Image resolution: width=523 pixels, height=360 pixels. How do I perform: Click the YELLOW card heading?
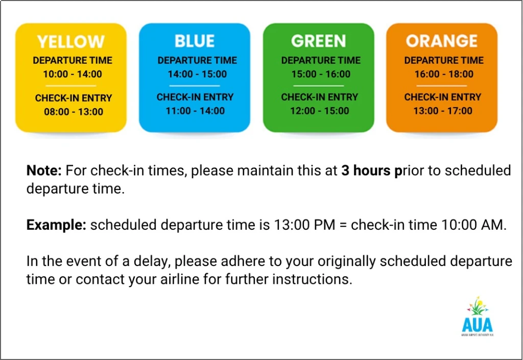pos(70,42)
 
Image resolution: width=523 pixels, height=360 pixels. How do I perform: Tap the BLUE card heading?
pos(195,41)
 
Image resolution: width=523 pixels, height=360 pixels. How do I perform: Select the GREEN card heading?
pos(318,41)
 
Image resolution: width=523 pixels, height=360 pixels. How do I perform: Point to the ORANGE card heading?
pos(442,41)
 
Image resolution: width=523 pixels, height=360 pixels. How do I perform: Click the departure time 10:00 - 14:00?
pos(73,74)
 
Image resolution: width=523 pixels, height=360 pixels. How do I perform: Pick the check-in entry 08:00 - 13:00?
pos(74,112)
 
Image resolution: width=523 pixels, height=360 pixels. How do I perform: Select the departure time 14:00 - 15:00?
pos(197,74)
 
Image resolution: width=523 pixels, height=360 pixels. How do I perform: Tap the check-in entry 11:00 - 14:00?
pos(195,111)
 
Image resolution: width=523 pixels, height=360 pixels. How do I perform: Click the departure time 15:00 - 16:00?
pos(321,74)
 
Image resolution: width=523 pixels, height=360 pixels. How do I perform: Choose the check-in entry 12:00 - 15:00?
pos(320,111)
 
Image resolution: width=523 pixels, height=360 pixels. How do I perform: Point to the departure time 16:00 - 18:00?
pos(444,74)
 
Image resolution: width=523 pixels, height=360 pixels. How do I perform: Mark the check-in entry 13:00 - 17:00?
pos(443,111)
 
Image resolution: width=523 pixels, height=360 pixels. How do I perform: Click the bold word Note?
pos(44,171)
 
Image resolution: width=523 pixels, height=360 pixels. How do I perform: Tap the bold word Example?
pos(56,225)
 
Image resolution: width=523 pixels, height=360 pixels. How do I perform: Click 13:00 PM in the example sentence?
pos(304,225)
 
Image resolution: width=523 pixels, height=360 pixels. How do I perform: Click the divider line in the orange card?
pos(442,86)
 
